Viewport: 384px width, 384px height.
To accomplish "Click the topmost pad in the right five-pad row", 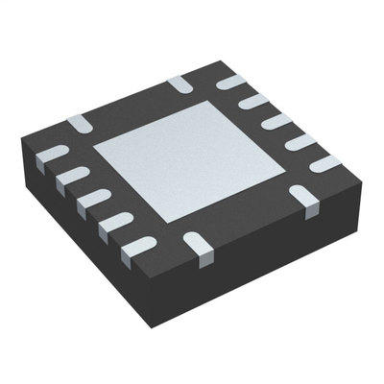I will pyautogui.click(x=231, y=84).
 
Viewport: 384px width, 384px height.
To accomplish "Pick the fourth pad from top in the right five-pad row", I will pyautogui.click(x=301, y=142).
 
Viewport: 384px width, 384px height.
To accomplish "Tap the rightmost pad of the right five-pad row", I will pyautogui.click(x=325, y=163).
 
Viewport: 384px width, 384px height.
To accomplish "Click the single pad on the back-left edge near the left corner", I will pyautogui.click(x=81, y=122).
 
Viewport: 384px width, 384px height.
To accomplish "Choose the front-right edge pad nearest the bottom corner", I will pyautogui.click(x=199, y=251).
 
